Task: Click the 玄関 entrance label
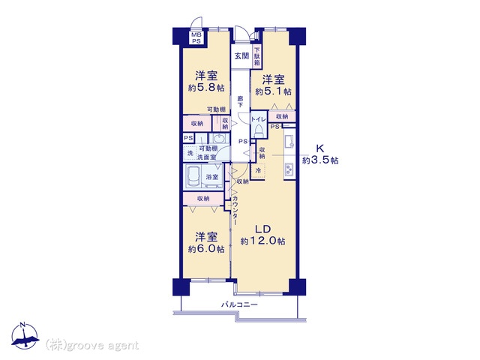point(241,56)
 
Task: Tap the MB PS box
point(196,38)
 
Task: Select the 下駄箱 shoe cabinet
point(256,57)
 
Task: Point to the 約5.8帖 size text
point(206,88)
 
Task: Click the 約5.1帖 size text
point(273,91)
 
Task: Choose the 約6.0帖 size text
point(206,249)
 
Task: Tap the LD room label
point(263,229)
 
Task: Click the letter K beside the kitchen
point(320,148)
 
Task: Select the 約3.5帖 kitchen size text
point(320,160)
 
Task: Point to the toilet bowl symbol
point(259,130)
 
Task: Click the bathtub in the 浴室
point(193,177)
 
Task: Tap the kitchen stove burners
point(289,170)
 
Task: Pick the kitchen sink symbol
point(289,142)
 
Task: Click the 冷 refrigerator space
point(258,170)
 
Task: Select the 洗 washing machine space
point(190,153)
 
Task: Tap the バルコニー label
point(239,304)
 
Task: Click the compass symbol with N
point(25,336)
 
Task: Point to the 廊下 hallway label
point(241,102)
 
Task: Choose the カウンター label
point(235,210)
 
